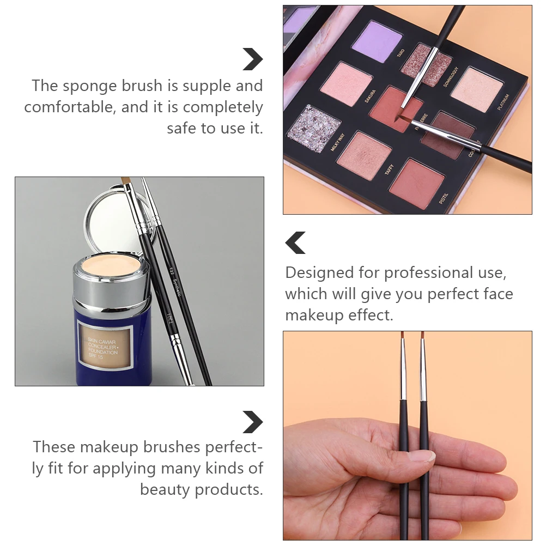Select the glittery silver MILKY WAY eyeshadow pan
coord(313,128)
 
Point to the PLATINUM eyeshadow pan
coord(475,89)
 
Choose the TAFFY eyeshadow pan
coord(363,155)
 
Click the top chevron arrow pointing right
coord(252,59)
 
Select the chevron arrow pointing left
coord(296,242)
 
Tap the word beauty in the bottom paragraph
coord(165,489)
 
